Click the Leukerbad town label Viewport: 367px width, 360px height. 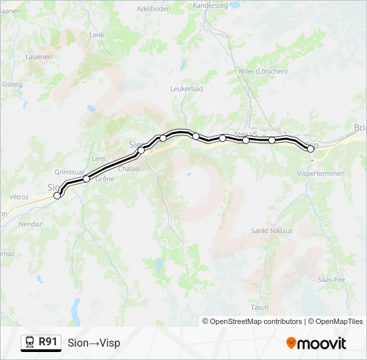[x=186, y=89]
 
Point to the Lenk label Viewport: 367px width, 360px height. [x=97, y=35]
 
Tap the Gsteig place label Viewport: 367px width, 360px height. [x=12, y=85]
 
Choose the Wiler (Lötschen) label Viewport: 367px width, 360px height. [x=263, y=71]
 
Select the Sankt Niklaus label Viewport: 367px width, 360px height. [x=272, y=231]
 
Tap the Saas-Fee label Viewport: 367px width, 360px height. [x=331, y=279]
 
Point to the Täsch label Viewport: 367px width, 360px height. [x=260, y=307]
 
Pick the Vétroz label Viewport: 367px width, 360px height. [x=19, y=197]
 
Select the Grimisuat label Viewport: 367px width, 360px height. [x=67, y=171]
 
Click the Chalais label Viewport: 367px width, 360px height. [x=129, y=169]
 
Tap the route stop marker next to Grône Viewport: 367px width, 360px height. [x=86, y=179]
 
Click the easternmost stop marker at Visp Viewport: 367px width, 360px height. [x=310, y=149]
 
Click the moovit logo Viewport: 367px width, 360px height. [x=316, y=343]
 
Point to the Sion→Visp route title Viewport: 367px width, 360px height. [x=94, y=343]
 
